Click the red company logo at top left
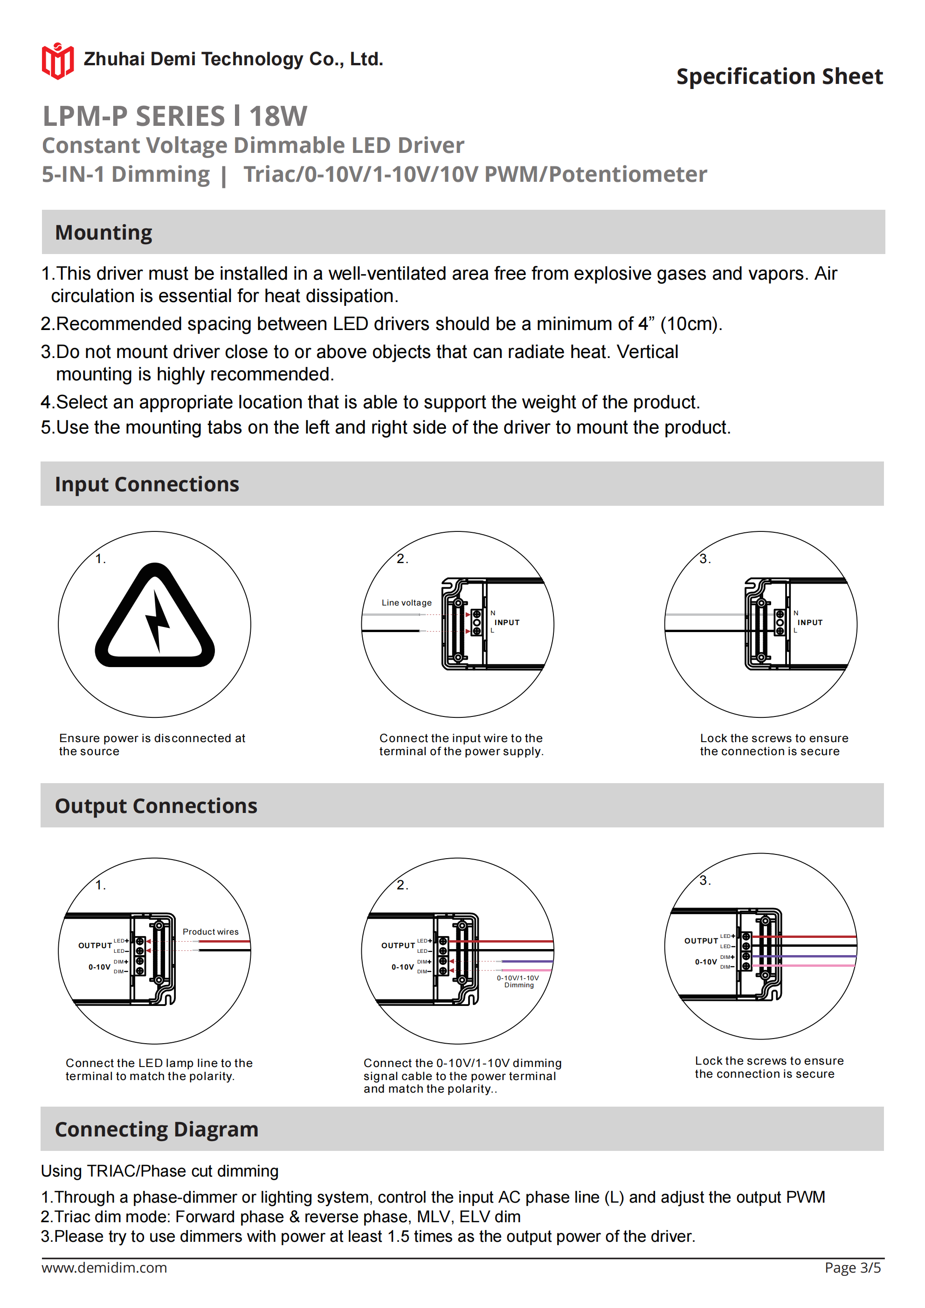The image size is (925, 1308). [57, 61]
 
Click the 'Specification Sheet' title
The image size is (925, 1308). [779, 76]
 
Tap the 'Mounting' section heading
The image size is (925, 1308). [103, 233]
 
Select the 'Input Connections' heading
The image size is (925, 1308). [146, 484]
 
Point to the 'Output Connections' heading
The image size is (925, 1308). [156, 805]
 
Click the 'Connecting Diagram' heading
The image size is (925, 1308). [156, 1129]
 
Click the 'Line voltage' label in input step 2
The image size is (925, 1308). [407, 603]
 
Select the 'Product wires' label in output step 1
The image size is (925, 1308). [210, 932]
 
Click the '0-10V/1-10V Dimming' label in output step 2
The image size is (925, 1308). [518, 981]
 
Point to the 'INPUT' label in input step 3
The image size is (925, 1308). [809, 623]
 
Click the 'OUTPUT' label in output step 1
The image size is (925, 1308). [95, 946]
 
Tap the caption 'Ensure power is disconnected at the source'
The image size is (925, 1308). [152, 744]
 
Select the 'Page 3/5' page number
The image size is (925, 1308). [852, 1267]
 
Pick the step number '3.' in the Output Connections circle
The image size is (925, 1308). [705, 881]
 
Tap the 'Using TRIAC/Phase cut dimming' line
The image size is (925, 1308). [159, 1170]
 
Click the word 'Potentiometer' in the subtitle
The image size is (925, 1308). [628, 174]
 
